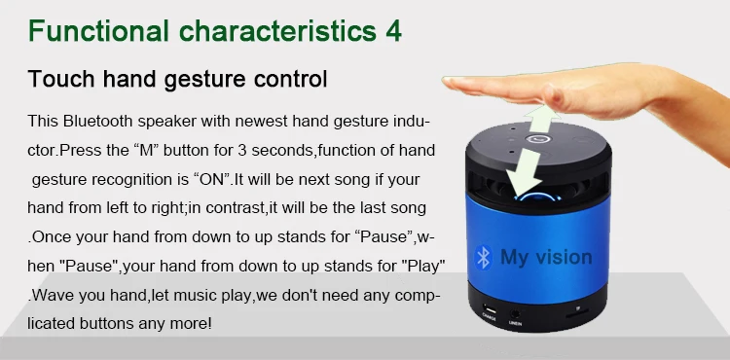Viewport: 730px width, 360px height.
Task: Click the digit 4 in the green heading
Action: pyautogui.click(x=393, y=31)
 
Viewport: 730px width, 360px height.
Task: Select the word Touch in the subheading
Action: pyautogui.click(x=61, y=78)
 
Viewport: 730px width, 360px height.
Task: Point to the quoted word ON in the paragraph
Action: pyautogui.click(x=211, y=180)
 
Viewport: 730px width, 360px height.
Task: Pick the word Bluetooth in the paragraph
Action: pyautogui.click(x=97, y=122)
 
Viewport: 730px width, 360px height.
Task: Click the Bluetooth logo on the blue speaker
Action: pyautogui.click(x=484, y=257)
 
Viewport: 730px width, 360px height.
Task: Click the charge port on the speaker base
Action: pyautogui.click(x=489, y=308)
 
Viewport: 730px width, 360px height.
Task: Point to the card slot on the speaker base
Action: pyautogui.click(x=577, y=312)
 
